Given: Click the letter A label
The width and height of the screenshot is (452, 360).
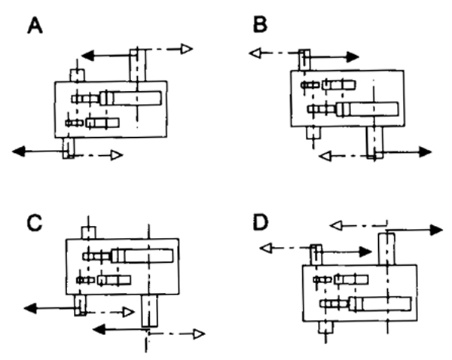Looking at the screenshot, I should [35, 27].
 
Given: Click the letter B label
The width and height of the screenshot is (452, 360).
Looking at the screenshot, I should [261, 26].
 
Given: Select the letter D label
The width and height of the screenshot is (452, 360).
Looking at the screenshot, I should [261, 223].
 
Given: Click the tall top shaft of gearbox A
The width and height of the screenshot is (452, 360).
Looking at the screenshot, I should [137, 65].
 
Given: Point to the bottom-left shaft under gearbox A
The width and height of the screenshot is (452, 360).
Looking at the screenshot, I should [69, 147].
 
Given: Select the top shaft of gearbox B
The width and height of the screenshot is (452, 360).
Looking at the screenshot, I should [304, 59].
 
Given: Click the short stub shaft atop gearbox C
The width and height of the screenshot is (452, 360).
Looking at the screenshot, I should [87, 232].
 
